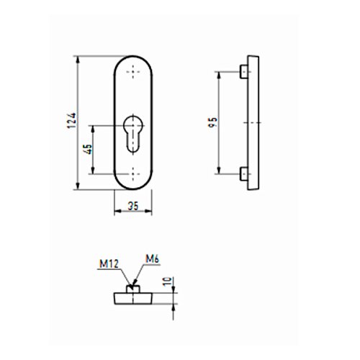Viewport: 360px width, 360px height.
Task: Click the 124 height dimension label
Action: click(x=72, y=120)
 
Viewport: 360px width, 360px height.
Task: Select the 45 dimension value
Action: click(x=88, y=149)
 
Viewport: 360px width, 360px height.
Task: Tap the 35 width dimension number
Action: click(x=133, y=206)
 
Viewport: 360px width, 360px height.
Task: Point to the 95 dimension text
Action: click(x=212, y=122)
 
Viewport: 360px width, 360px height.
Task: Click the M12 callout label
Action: click(x=109, y=264)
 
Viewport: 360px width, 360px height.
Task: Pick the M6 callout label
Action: click(x=153, y=259)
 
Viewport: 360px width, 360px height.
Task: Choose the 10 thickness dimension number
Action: click(x=168, y=282)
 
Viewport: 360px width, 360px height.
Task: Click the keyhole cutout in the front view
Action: click(x=133, y=134)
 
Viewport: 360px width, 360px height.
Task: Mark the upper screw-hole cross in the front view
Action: click(x=133, y=72)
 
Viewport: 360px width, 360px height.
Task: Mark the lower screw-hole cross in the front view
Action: click(x=133, y=174)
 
